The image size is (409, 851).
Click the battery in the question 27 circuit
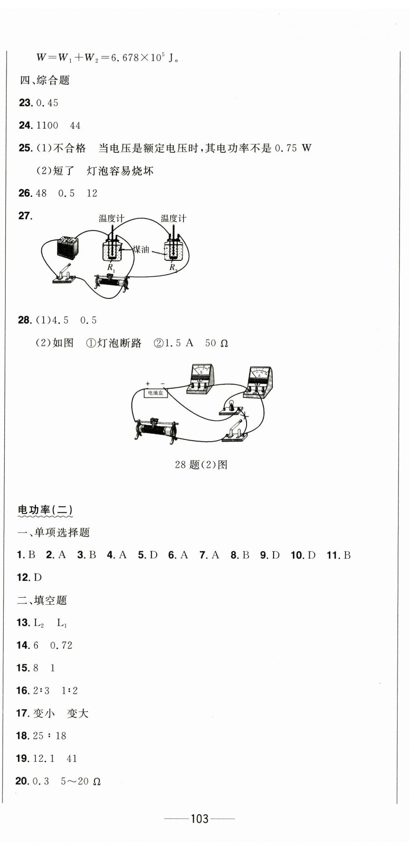pyautogui.click(x=67, y=247)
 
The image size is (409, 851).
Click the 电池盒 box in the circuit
pyautogui.click(x=156, y=393)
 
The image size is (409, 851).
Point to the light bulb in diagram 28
pyautogui.click(x=232, y=407)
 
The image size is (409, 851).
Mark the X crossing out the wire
pyautogui.click(x=245, y=415)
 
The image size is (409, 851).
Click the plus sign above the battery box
pyautogui.click(x=147, y=383)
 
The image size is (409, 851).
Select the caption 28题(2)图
pyautogui.click(x=201, y=465)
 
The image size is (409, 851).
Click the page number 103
pyautogui.click(x=200, y=819)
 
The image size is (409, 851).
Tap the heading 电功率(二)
pyautogui.click(x=45, y=510)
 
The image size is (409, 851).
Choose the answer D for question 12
pyautogui.click(x=38, y=578)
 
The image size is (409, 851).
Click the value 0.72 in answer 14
pyautogui.click(x=61, y=645)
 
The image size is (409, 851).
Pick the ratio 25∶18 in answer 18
pyautogui.click(x=49, y=736)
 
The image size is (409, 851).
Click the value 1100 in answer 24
pyautogui.click(x=47, y=125)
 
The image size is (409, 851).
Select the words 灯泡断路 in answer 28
pyautogui.click(x=120, y=343)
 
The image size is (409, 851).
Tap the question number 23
pyautogui.click(x=26, y=103)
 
